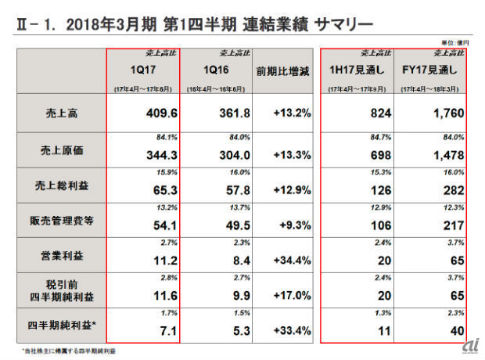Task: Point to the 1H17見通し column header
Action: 358,70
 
